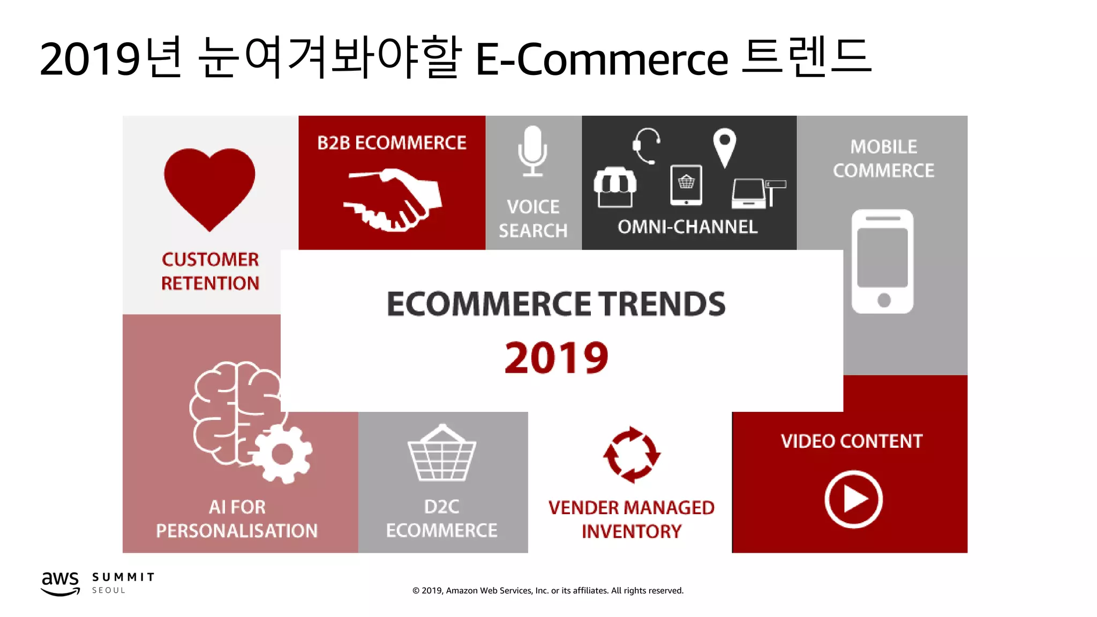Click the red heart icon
209,187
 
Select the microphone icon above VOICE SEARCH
532,151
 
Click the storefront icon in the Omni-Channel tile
615,187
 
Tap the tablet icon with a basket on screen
686,185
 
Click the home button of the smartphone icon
884,300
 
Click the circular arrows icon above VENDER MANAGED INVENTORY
632,455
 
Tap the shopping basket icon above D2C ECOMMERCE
441,454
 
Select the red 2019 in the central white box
556,358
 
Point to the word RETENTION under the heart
210,283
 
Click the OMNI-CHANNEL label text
687,227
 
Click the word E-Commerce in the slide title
602,59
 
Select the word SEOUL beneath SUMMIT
109,590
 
